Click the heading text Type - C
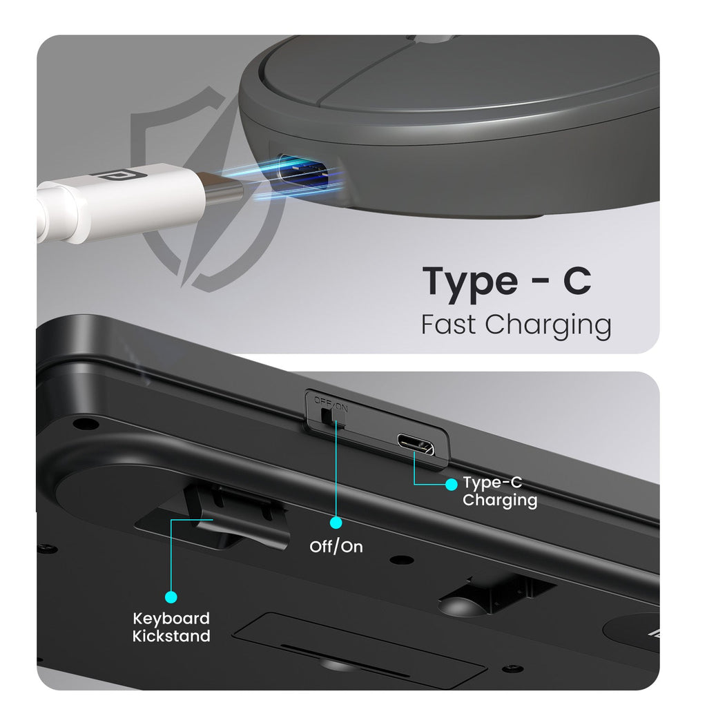click(x=506, y=281)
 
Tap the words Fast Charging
click(x=516, y=325)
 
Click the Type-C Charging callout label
click(x=500, y=492)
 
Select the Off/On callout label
click(x=336, y=547)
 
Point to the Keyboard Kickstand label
click(x=171, y=627)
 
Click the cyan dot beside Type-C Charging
click(x=451, y=484)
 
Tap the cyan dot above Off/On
click(x=336, y=523)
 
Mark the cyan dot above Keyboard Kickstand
click(x=171, y=597)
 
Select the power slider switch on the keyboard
click(x=333, y=416)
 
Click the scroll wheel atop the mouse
click(x=433, y=39)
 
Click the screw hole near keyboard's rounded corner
click(x=86, y=424)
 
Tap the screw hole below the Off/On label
click(x=402, y=560)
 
